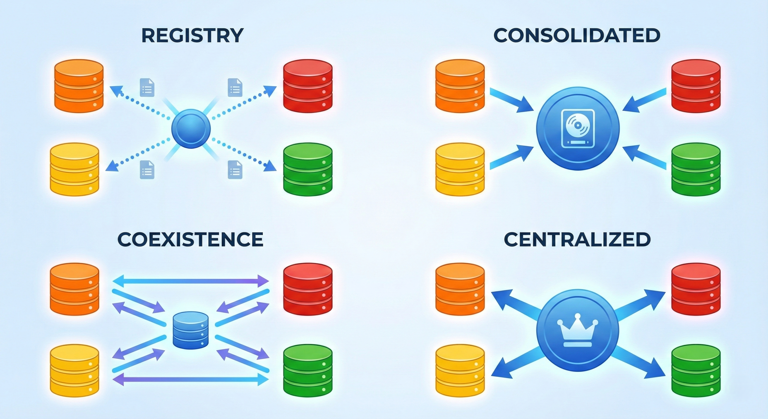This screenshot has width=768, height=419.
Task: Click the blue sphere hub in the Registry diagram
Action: coord(191,128)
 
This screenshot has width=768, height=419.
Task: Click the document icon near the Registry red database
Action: coord(235,87)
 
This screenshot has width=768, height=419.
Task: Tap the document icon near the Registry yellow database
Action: coord(147,169)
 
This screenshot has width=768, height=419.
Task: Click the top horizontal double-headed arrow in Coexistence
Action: coord(191,281)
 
